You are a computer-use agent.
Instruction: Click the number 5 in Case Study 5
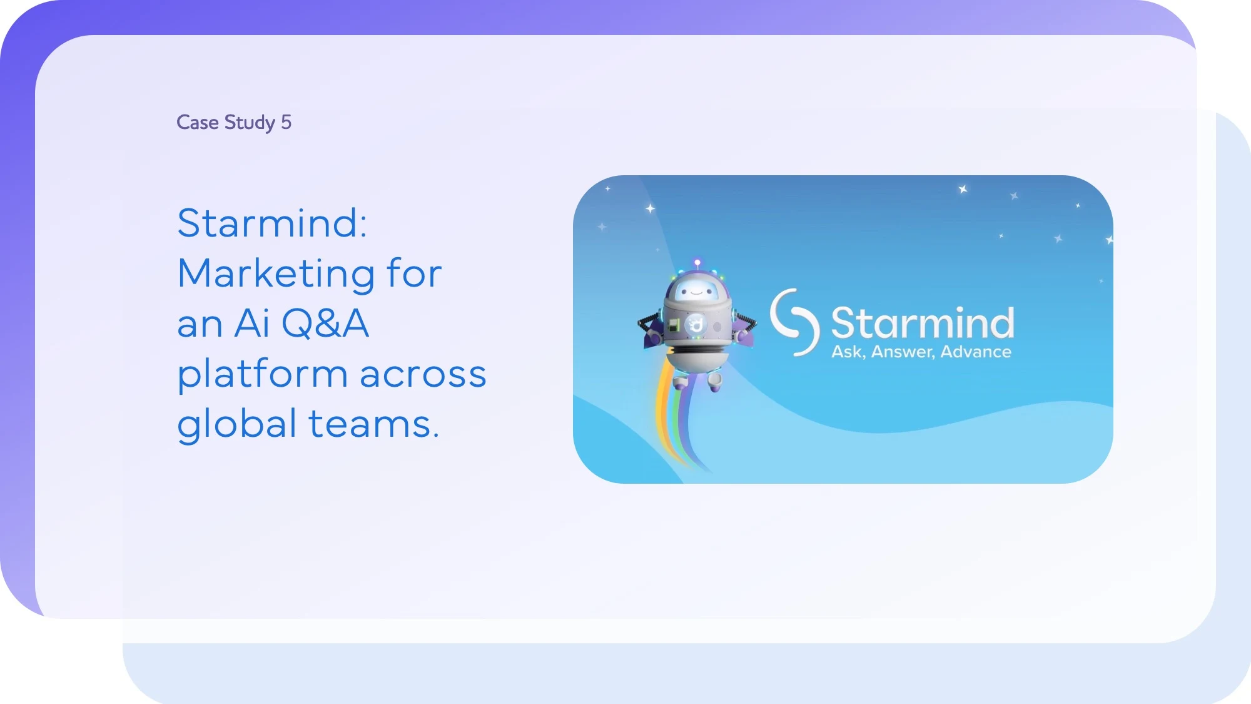point(286,122)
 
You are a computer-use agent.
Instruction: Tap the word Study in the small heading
point(250,123)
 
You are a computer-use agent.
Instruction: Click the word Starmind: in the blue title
point(272,223)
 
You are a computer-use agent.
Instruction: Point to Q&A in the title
point(325,324)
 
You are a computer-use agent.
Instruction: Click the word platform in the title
point(263,374)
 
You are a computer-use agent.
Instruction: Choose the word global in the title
point(237,424)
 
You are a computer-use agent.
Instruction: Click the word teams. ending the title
point(374,424)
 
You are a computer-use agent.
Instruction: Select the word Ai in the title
point(252,324)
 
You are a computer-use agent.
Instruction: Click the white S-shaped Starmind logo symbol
point(795,322)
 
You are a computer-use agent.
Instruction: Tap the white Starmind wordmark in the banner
point(922,323)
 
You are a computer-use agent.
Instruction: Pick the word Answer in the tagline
point(903,352)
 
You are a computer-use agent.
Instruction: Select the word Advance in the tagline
point(976,352)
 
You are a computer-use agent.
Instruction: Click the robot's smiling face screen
point(696,290)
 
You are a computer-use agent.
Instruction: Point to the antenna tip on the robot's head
point(697,262)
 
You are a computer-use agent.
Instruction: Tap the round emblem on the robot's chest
point(695,324)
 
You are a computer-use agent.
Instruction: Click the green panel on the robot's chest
point(674,325)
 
